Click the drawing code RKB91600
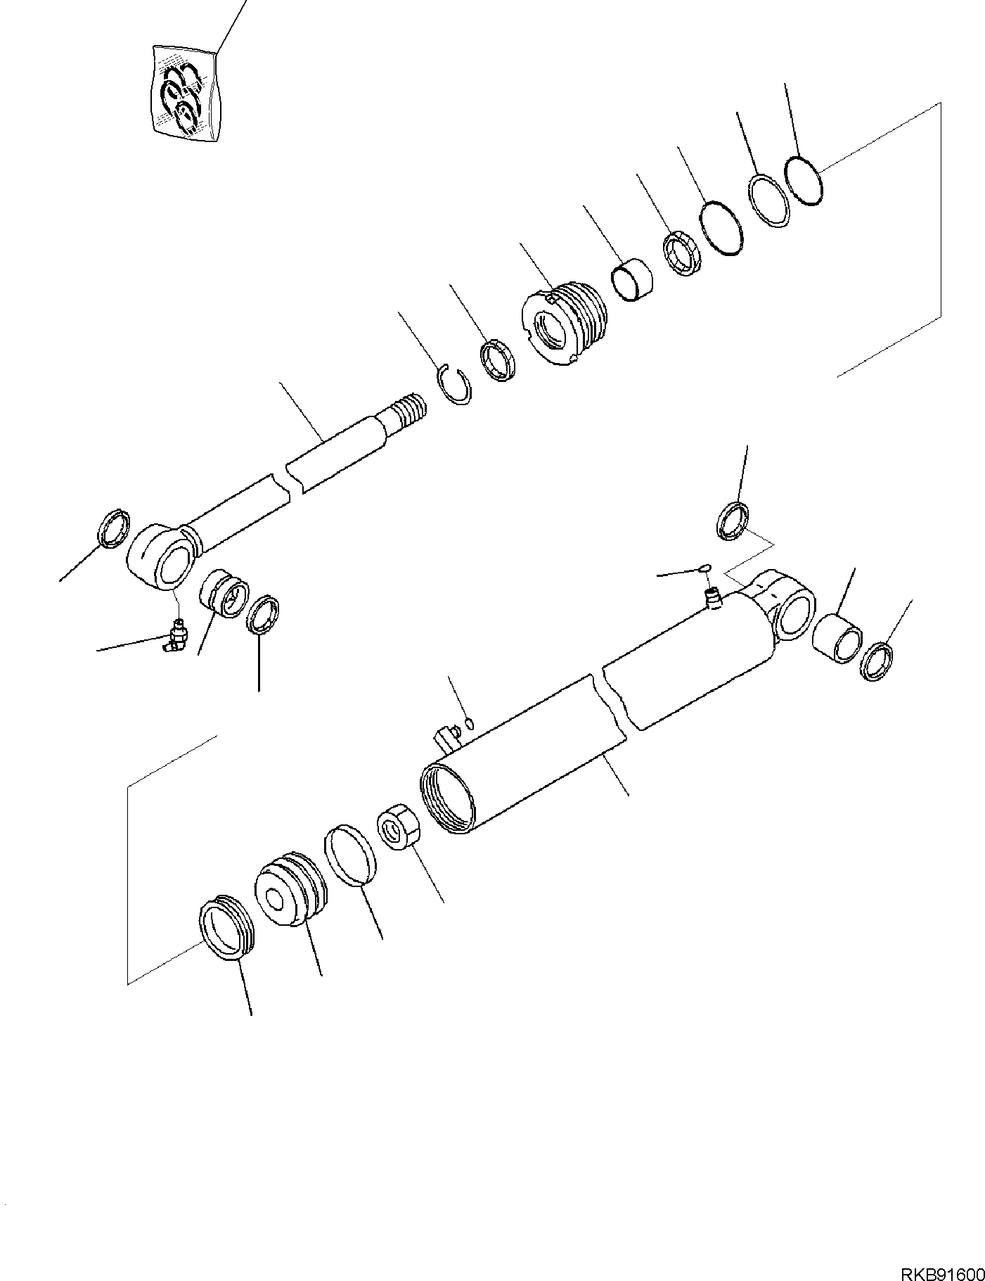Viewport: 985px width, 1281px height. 940,1254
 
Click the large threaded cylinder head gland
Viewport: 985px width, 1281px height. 564,326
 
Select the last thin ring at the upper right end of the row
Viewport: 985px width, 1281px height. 803,181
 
